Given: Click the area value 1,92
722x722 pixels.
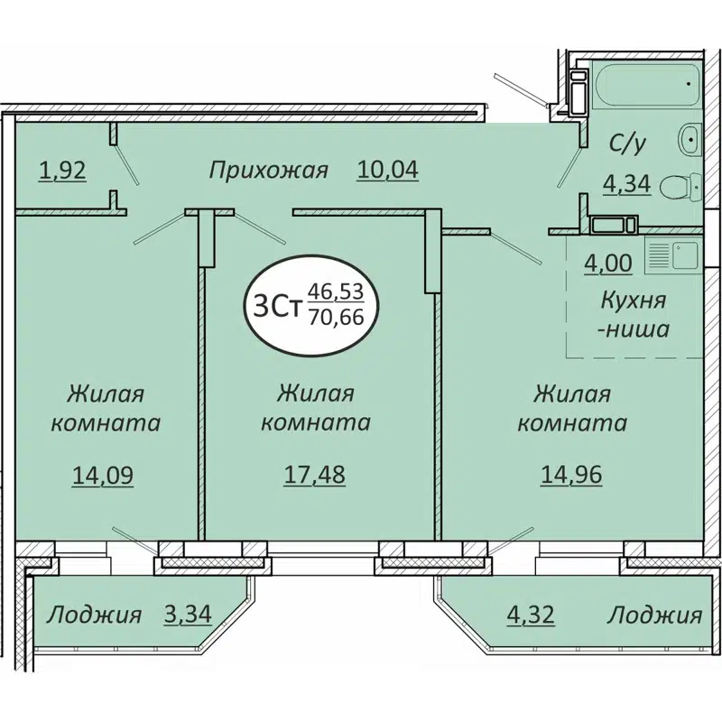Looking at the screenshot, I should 62,169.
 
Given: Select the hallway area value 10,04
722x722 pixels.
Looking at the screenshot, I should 389,169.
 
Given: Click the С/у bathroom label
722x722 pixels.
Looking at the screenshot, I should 625,142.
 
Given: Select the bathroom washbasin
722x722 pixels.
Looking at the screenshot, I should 690,138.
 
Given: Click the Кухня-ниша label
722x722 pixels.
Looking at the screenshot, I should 634,313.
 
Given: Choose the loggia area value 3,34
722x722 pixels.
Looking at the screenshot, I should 188,616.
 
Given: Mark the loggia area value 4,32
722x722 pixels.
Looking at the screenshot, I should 530,616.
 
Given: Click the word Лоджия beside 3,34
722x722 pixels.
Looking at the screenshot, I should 94,616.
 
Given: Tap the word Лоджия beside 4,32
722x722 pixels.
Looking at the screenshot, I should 654,616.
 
